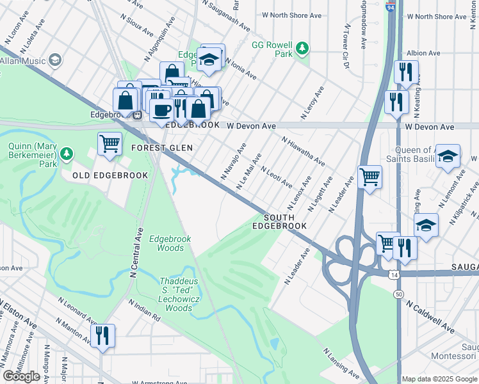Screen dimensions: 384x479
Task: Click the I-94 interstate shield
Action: pos(390,6)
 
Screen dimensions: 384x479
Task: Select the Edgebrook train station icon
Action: pos(136,115)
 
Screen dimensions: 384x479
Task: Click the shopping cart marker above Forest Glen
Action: pos(110,143)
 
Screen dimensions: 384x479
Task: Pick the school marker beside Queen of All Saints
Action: pos(448,156)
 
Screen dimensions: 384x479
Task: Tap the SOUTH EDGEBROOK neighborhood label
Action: pos(279,221)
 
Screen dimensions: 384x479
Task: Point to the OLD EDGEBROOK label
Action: pos(110,175)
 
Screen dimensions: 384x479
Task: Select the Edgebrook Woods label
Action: pos(170,243)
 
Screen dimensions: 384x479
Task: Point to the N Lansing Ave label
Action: pos(341,362)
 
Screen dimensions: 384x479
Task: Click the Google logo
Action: pos(22,376)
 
